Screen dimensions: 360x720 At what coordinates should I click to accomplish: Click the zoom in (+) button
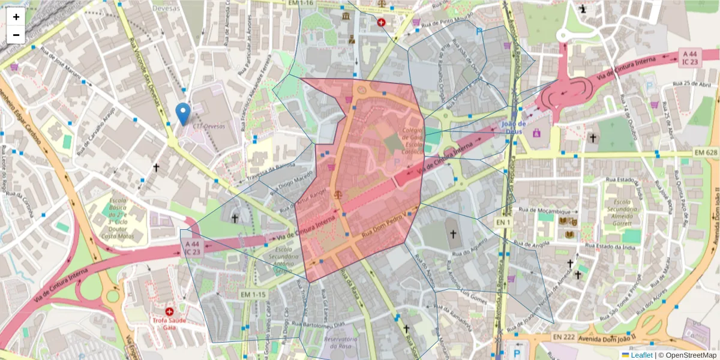(x=16, y=17)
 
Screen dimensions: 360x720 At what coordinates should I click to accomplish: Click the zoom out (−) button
(x=16, y=35)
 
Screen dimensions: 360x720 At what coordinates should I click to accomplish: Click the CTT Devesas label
(x=206, y=127)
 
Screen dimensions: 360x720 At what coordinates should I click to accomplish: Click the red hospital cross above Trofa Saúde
(x=170, y=312)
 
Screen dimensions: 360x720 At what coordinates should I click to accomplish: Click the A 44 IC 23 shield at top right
(x=690, y=58)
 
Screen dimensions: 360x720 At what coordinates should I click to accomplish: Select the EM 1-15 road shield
(x=253, y=295)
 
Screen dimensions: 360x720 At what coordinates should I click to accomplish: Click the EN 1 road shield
(x=502, y=223)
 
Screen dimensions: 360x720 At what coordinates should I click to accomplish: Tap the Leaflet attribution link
(x=641, y=355)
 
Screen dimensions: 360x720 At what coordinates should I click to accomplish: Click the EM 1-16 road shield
(x=301, y=3)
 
